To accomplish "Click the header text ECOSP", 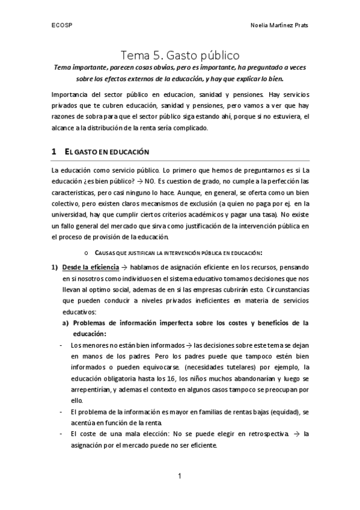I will [x=59, y=26].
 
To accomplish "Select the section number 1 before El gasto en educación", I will [x=54, y=151].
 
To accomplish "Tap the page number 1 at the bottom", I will [x=180, y=477].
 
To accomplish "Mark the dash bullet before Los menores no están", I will [x=62, y=346].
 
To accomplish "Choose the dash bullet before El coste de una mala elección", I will [x=62, y=434].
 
